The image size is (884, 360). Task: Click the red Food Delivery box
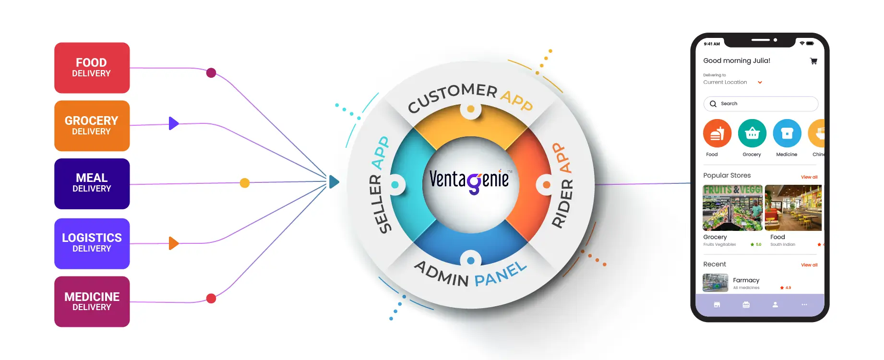click(92, 68)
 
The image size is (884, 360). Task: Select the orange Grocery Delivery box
click(92, 126)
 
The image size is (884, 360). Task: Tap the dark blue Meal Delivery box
click(92, 183)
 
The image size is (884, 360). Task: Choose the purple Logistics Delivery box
click(92, 243)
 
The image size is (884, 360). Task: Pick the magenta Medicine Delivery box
click(92, 301)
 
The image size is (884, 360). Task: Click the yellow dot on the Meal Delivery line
click(245, 183)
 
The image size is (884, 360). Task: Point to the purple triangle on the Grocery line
click(173, 123)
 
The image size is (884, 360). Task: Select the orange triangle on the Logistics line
click(173, 243)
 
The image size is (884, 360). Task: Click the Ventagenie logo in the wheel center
click(469, 181)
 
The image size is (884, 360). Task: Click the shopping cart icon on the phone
click(813, 61)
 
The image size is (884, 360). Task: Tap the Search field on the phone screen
click(761, 104)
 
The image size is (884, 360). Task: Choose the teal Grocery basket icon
click(752, 133)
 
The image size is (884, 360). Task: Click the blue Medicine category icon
click(787, 133)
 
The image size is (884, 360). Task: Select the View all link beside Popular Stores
click(809, 177)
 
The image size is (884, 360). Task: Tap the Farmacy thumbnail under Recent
click(715, 283)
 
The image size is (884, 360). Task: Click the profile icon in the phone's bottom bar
click(775, 305)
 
